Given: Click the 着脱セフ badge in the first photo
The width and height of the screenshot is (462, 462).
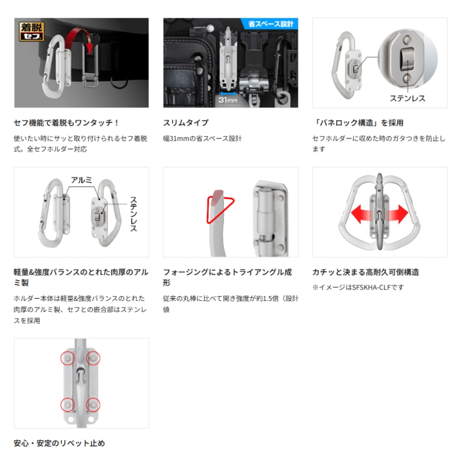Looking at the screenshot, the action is click(x=31, y=31).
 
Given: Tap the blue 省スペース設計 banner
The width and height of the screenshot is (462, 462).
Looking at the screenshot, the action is click(x=270, y=24).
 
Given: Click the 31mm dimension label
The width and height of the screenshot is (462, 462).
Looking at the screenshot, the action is click(x=228, y=100).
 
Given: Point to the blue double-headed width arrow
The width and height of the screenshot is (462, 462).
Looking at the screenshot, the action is click(x=228, y=94).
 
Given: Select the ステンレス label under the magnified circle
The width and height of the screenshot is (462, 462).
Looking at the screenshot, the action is click(x=408, y=99).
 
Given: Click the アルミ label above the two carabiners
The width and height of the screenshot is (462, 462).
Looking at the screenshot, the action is click(x=82, y=180).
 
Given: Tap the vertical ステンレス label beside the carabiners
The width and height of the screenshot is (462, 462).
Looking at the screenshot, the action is click(x=133, y=214).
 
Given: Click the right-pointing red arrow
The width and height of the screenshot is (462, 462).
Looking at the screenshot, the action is click(x=397, y=214).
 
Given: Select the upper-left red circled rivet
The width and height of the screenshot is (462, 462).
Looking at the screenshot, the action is click(x=68, y=358).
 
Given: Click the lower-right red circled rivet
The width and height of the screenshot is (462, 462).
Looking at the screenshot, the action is click(x=93, y=405).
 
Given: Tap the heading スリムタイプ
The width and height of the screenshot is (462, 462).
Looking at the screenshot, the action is click(x=186, y=123).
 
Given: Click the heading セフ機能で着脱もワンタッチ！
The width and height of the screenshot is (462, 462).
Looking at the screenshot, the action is click(x=66, y=123).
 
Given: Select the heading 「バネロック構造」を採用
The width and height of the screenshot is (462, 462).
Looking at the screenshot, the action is click(x=358, y=123).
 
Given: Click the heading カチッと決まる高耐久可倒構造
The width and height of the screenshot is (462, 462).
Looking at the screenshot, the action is click(x=365, y=272).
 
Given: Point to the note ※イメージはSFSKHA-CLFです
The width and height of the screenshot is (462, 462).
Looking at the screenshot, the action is click(x=358, y=287).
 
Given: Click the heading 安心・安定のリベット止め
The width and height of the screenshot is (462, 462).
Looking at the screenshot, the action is click(x=59, y=443).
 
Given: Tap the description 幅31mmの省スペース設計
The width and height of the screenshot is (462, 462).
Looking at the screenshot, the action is click(x=202, y=138).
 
